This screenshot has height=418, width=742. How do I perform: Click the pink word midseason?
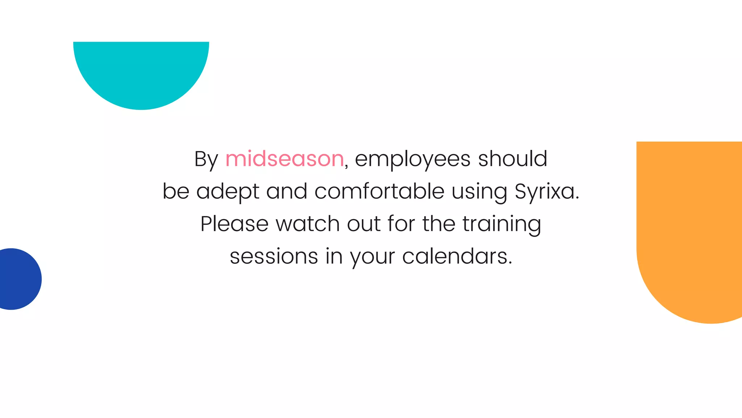pyautogui.click(x=284, y=159)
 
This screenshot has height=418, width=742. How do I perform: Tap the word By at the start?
pyautogui.click(x=206, y=159)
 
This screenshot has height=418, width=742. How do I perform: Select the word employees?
pyautogui.click(x=413, y=159)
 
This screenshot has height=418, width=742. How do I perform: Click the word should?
pyautogui.click(x=513, y=159)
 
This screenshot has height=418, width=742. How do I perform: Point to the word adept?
pyautogui.click(x=228, y=191)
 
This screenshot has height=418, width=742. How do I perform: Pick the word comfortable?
pyautogui.click(x=379, y=191)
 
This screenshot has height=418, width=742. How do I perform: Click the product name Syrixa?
pyautogui.click(x=546, y=191)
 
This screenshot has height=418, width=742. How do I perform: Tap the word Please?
pyautogui.click(x=234, y=224)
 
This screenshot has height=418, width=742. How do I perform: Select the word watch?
pyautogui.click(x=308, y=224)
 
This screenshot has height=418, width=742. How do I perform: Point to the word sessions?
pyautogui.click(x=274, y=256)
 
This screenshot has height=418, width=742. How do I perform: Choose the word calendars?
pyautogui.click(x=457, y=256)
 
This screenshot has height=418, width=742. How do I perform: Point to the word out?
pyautogui.click(x=363, y=224)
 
